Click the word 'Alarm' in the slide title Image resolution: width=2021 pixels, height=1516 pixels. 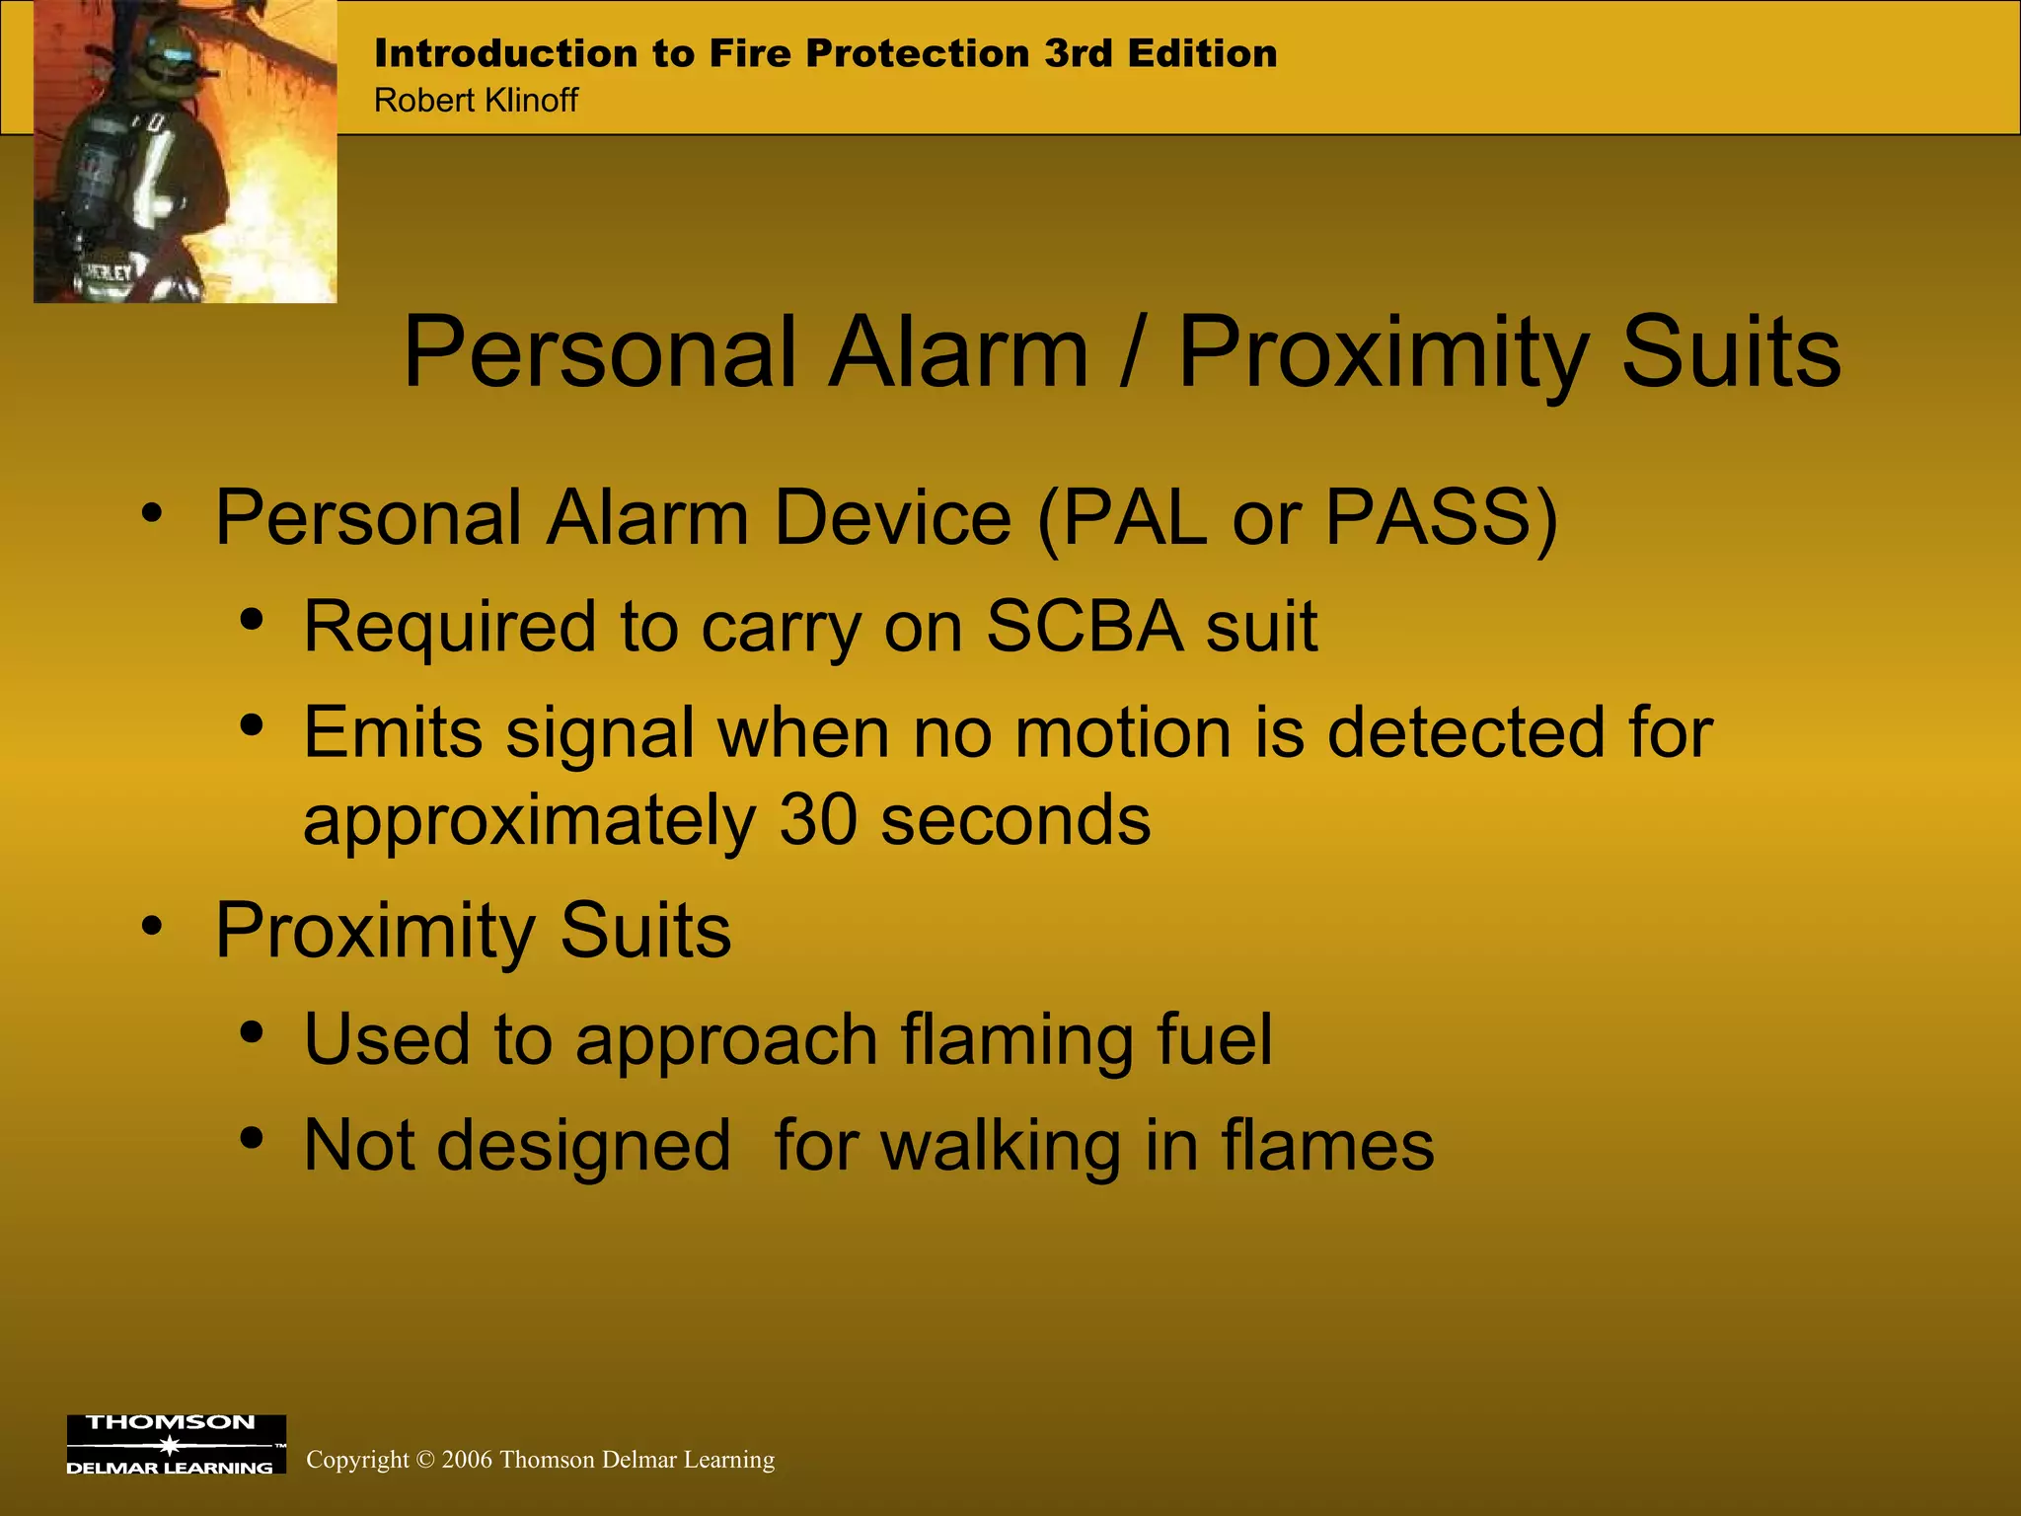[957, 352]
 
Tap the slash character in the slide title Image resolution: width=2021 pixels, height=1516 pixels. [1133, 352]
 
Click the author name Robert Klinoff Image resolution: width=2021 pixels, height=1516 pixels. [476, 100]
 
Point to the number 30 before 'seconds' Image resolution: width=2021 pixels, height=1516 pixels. [818, 819]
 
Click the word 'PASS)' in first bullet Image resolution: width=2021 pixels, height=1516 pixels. [1441, 517]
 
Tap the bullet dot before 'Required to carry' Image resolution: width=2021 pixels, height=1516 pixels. [252, 620]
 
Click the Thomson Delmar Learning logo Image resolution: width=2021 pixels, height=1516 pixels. [176, 1445]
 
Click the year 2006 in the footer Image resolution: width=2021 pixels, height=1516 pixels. [467, 1460]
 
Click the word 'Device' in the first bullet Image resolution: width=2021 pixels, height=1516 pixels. [892, 517]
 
